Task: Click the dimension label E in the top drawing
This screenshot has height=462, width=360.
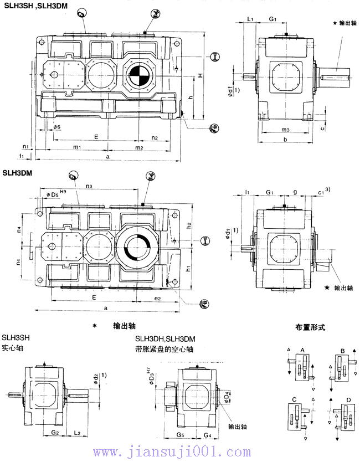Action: pos(96,136)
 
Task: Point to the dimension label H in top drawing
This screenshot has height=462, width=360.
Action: pos(201,75)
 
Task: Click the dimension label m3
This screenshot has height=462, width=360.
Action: pos(285,130)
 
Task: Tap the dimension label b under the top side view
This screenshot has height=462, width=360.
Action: pos(285,140)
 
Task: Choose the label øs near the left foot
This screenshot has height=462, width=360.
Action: pos(58,127)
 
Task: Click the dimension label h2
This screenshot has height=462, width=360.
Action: pos(189,225)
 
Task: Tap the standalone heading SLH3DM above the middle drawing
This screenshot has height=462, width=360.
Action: pos(17,172)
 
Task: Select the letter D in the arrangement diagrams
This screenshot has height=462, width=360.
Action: pos(347,399)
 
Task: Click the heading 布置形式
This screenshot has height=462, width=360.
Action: pos(310,327)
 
